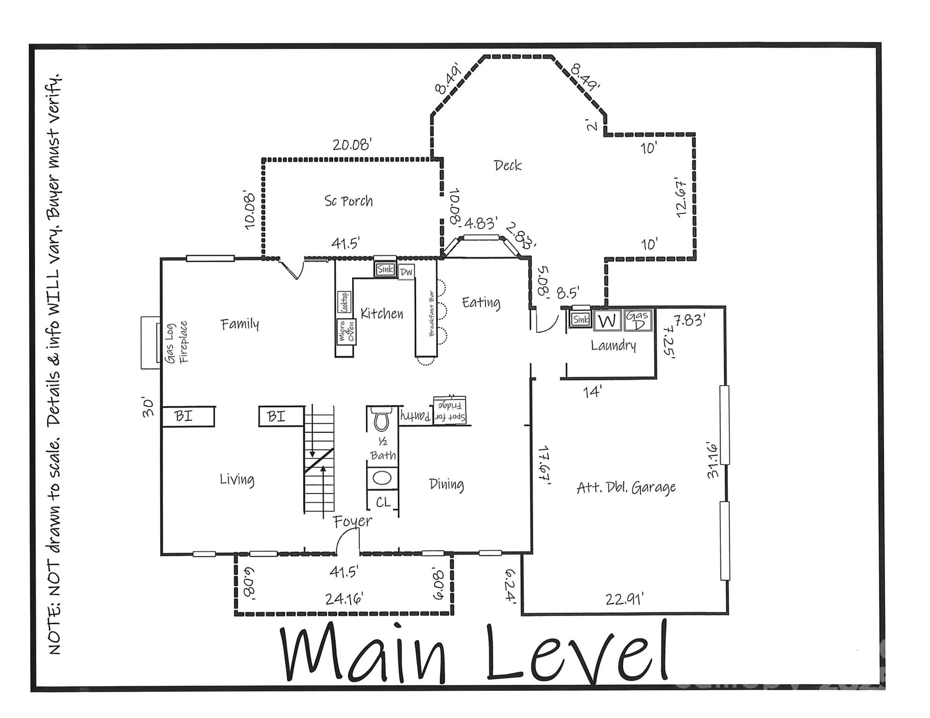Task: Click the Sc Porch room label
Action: click(x=349, y=201)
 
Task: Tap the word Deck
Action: click(x=508, y=165)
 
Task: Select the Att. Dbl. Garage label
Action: click(x=626, y=488)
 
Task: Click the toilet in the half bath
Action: click(x=381, y=419)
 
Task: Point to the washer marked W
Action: click(x=607, y=321)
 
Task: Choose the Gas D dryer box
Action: click(x=638, y=320)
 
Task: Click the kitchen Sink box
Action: click(x=385, y=269)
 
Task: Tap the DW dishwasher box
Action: click(x=406, y=272)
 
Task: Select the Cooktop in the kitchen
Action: click(x=345, y=302)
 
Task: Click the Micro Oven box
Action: click(x=346, y=331)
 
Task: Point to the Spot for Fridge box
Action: click(x=450, y=410)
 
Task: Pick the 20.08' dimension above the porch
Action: click(x=352, y=145)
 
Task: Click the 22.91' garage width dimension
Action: click(x=625, y=599)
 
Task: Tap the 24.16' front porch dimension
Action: click(x=344, y=598)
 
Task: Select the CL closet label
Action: click(x=383, y=503)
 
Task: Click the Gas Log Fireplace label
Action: click(x=177, y=342)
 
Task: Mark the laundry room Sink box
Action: click(x=581, y=320)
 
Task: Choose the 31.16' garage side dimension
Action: click(x=712, y=460)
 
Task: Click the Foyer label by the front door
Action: click(x=353, y=521)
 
